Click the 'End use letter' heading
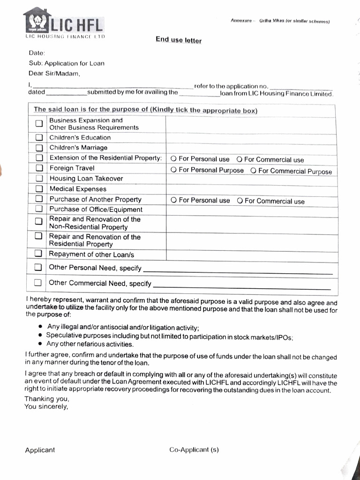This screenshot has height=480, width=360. [x=179, y=40]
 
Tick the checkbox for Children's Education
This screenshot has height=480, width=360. [x=39, y=138]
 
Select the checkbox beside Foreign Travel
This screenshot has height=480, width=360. [x=39, y=168]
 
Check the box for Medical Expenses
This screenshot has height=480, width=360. [x=39, y=189]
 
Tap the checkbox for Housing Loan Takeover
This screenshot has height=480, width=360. [x=39, y=179]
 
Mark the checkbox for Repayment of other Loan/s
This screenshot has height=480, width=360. [x=39, y=254]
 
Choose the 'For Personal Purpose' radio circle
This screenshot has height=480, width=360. [x=173, y=170]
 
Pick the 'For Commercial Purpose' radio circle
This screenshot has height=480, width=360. [x=253, y=171]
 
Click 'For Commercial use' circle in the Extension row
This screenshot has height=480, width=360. [x=239, y=159]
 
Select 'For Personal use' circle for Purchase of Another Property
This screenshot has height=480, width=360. [x=173, y=200]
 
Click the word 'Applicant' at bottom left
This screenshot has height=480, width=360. [x=40, y=450]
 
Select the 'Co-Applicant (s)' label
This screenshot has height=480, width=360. [x=194, y=450]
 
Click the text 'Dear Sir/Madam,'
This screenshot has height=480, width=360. [x=54, y=74]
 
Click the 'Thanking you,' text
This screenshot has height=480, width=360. [x=47, y=399]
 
